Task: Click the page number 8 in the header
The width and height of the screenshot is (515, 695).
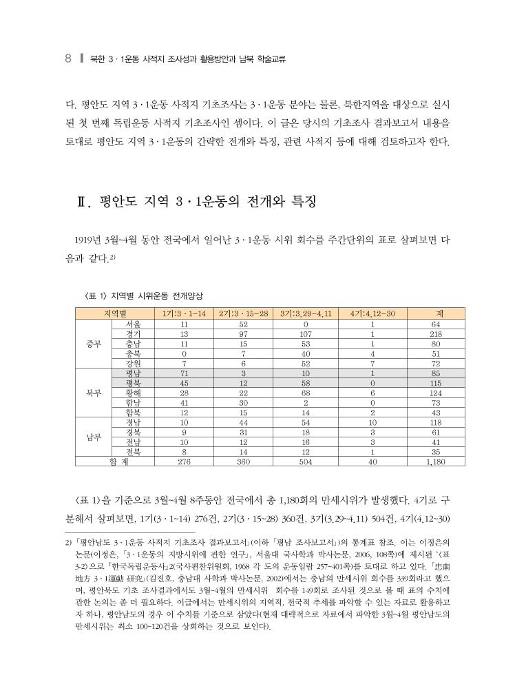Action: click(67, 59)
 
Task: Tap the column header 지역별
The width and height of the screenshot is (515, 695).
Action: click(115, 313)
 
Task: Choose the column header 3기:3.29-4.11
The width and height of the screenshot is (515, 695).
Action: click(306, 313)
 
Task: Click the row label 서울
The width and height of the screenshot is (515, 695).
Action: click(134, 324)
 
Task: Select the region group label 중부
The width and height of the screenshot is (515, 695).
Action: click(94, 343)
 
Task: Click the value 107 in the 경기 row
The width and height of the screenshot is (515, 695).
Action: click(306, 333)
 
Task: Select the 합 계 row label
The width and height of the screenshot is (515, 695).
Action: click(115, 462)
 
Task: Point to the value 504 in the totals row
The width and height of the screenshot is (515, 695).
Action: click(306, 462)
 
